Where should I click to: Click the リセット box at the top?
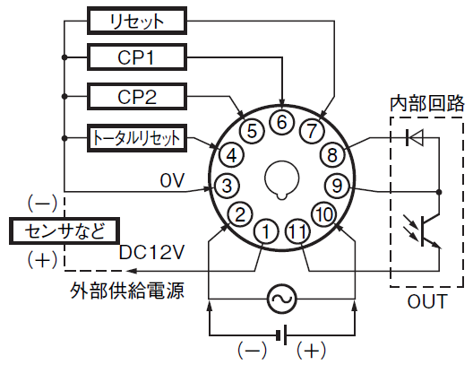(x=137, y=21)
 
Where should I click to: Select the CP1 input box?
(x=137, y=57)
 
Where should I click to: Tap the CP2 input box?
(x=137, y=97)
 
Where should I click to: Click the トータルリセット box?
(x=137, y=138)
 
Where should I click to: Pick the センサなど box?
(x=64, y=231)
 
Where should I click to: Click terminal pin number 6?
(x=281, y=122)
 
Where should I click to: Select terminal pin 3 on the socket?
(x=227, y=186)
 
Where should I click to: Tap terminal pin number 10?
(x=324, y=214)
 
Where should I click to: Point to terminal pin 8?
(x=332, y=155)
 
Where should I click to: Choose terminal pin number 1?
(x=266, y=231)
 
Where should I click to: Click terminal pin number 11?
(x=297, y=231)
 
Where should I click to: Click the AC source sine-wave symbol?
(x=282, y=299)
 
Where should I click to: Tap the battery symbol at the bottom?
(x=281, y=335)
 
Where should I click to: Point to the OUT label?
(x=426, y=301)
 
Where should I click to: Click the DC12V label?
(x=151, y=252)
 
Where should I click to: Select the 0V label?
(x=172, y=180)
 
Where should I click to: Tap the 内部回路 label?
(x=426, y=103)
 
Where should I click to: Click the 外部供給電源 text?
(x=127, y=291)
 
